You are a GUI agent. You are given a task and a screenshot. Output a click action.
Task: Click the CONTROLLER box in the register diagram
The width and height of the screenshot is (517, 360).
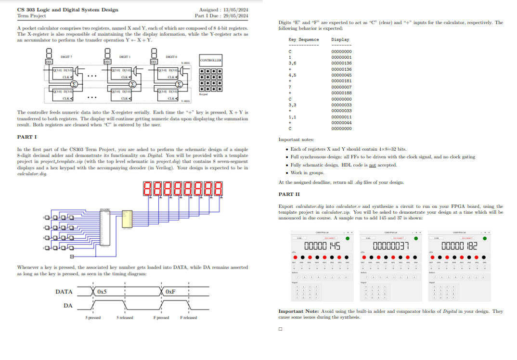(x=210, y=60)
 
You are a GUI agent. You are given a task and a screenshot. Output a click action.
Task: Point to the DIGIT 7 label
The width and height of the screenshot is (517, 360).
(x=66, y=57)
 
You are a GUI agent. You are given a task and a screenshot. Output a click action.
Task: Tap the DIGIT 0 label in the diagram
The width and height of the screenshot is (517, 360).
(x=171, y=57)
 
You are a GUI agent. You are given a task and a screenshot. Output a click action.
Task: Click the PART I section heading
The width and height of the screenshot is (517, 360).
(x=27, y=137)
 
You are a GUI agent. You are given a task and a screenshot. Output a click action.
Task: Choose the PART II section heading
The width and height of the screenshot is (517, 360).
(x=289, y=194)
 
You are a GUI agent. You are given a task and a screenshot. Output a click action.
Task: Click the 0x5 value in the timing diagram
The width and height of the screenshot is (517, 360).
(x=102, y=291)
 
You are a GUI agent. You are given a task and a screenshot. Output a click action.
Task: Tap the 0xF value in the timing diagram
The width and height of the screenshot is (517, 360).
(x=170, y=291)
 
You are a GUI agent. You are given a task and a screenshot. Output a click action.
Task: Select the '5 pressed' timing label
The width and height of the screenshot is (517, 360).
(x=93, y=318)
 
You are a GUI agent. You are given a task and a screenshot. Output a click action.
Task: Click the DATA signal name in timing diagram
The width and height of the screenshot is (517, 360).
(x=64, y=291)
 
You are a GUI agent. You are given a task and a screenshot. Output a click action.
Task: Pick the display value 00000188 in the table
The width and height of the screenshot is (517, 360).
(x=341, y=93)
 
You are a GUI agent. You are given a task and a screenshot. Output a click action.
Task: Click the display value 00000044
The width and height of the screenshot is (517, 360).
(x=341, y=123)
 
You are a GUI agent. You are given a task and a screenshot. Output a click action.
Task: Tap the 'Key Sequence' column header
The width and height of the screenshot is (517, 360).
(x=303, y=39)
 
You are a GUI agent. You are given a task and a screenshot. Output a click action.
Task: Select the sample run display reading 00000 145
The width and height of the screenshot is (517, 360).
(x=323, y=246)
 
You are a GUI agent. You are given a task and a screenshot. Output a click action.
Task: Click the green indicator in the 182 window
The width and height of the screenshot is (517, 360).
(x=484, y=238)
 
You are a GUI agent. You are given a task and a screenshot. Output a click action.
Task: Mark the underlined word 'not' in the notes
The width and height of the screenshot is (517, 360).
(x=372, y=165)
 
